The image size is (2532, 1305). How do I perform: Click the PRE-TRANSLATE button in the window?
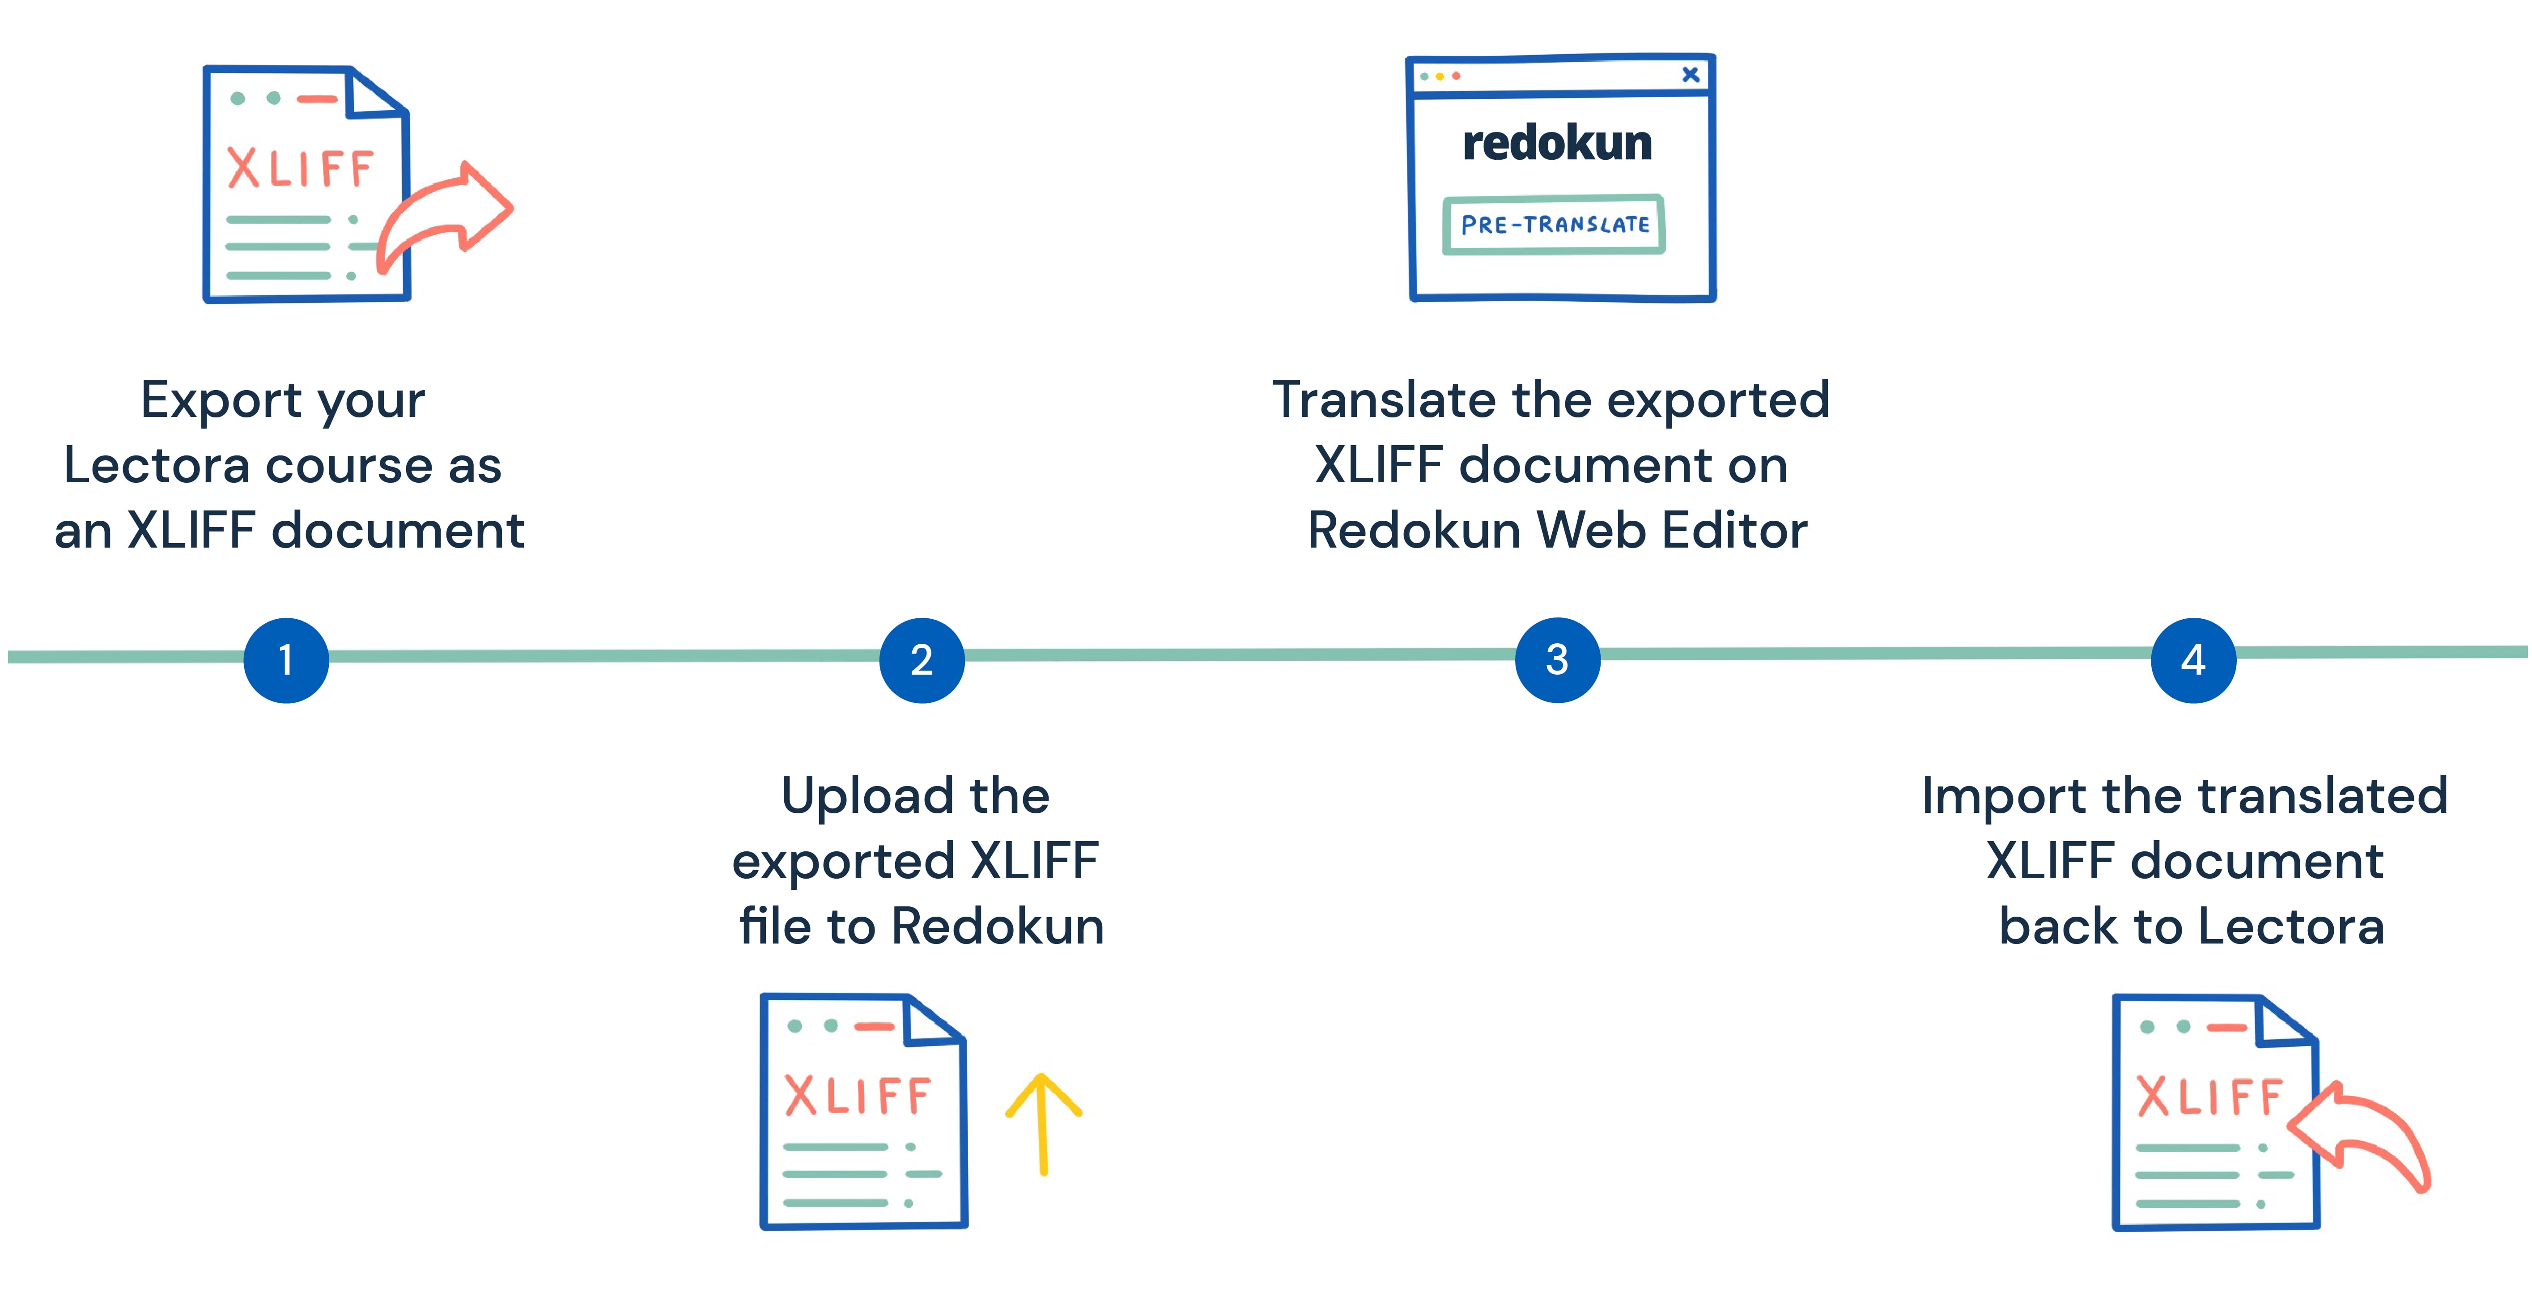click(1554, 225)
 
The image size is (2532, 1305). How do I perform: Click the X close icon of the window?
click(1691, 75)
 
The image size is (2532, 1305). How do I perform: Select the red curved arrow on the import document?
click(2364, 1135)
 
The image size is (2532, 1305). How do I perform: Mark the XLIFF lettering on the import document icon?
click(2209, 1098)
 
